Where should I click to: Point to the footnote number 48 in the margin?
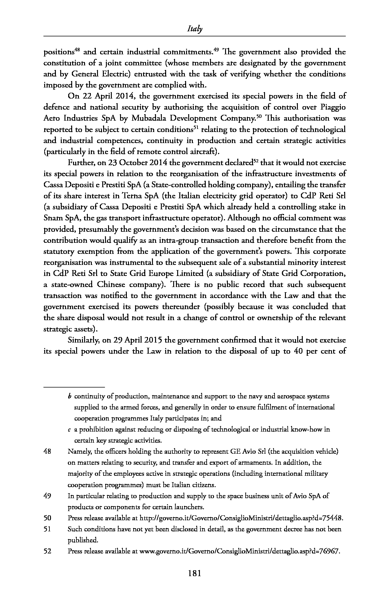[47, 452]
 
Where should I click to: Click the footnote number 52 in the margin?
[47, 551]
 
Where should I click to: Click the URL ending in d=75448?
[241, 518]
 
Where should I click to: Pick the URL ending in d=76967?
[240, 551]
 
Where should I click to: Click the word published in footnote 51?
[83, 540]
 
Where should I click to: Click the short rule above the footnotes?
[74, 387]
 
